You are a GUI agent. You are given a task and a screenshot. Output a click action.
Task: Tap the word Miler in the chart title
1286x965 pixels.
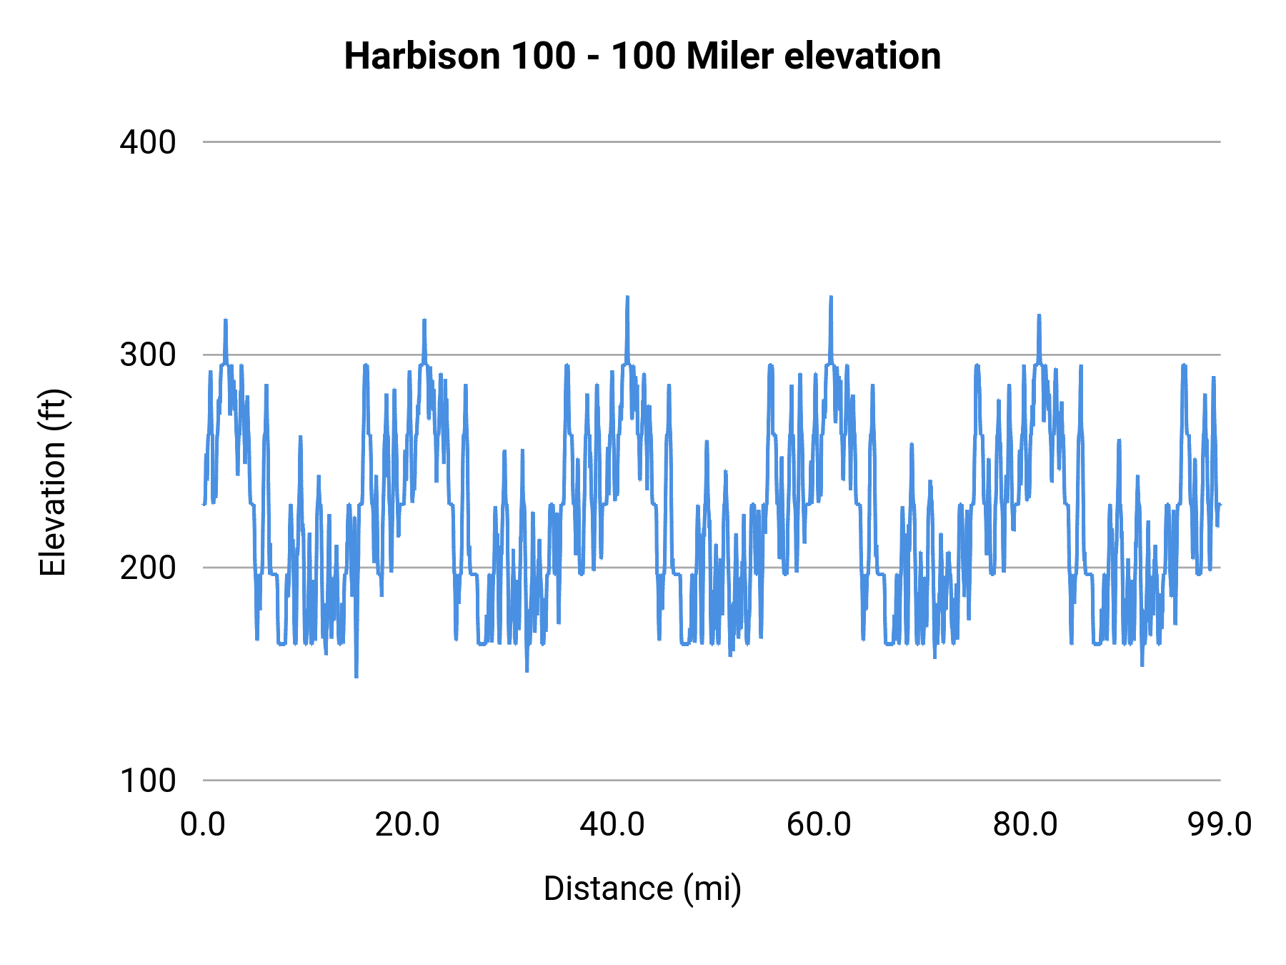(729, 56)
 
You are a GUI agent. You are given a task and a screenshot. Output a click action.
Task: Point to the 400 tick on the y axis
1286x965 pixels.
(148, 142)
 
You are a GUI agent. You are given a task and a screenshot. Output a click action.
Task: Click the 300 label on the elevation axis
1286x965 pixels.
(148, 355)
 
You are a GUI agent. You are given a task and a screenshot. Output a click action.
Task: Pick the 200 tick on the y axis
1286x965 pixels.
(148, 568)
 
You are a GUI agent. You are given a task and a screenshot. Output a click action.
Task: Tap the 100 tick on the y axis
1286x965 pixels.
(148, 780)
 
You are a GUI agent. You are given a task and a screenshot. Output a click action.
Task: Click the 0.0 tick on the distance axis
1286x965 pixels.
(203, 824)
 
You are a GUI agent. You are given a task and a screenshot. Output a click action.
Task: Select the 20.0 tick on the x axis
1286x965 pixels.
(408, 824)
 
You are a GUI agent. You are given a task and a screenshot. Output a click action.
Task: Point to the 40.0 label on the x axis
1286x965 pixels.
(613, 824)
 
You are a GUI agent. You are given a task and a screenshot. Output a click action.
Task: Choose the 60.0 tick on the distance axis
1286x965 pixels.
(819, 824)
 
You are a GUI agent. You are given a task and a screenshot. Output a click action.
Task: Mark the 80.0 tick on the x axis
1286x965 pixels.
(1025, 824)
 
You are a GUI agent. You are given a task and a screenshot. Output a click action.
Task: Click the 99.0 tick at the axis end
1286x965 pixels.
(1220, 824)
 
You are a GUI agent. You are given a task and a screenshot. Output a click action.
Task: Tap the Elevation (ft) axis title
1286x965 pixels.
(53, 482)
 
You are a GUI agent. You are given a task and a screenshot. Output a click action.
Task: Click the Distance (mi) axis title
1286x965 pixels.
(642, 889)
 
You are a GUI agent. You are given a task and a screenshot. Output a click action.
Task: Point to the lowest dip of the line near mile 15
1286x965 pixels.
(356, 675)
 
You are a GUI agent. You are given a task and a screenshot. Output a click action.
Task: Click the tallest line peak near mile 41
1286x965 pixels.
(627, 298)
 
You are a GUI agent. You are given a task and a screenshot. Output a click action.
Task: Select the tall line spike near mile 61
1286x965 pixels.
(831, 298)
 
